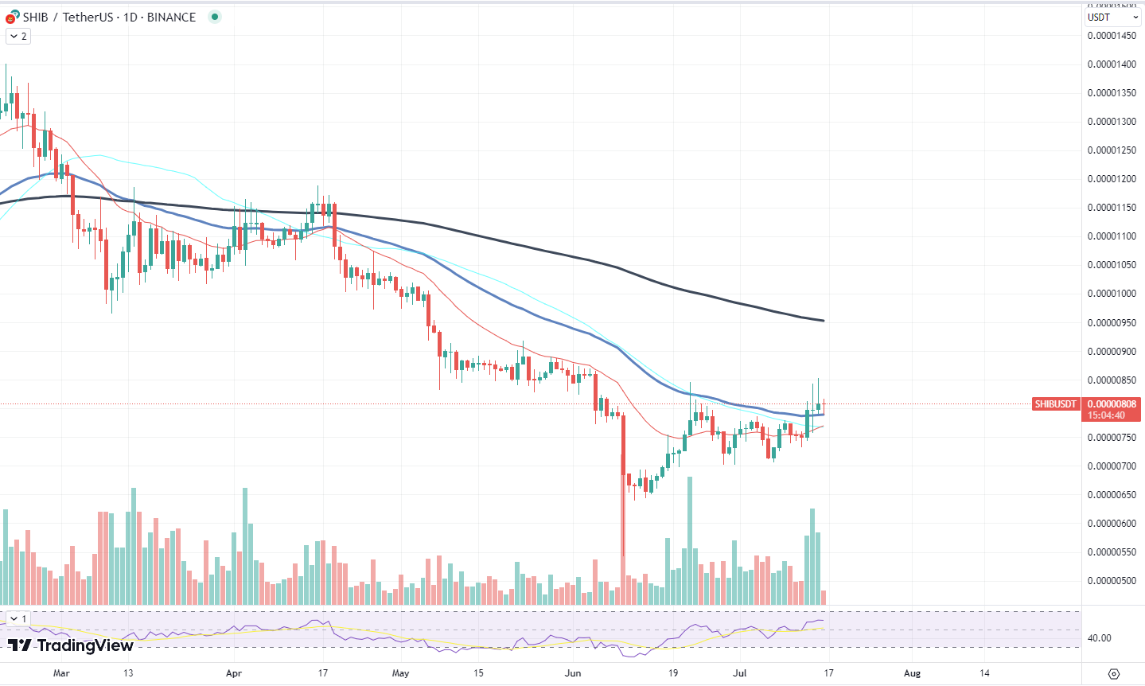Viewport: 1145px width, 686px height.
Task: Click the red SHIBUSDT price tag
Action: point(1055,404)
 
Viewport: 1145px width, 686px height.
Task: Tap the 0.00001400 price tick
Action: point(1112,64)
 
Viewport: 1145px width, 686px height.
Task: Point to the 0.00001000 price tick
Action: point(1112,294)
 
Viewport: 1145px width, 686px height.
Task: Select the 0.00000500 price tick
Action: point(1112,581)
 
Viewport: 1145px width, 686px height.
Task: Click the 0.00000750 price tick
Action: point(1112,438)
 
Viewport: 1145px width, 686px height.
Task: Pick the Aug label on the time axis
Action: point(912,673)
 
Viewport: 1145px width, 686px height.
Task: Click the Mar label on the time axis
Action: point(61,673)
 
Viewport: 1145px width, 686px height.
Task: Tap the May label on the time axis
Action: point(400,673)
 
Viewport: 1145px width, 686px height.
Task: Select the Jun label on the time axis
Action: point(573,673)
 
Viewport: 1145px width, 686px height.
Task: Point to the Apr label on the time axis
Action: point(233,673)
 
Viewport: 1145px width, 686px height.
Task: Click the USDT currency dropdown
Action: point(1112,17)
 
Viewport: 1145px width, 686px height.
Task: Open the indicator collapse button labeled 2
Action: point(18,36)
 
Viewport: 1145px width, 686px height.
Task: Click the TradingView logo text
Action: point(72,645)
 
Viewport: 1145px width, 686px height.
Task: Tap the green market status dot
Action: point(214,17)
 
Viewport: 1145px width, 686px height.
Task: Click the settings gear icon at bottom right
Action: point(1114,674)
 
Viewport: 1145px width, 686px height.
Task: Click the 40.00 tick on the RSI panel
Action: point(1099,638)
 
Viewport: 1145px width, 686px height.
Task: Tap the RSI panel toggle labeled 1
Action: point(18,618)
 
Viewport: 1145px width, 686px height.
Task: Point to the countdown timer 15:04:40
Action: point(1106,415)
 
